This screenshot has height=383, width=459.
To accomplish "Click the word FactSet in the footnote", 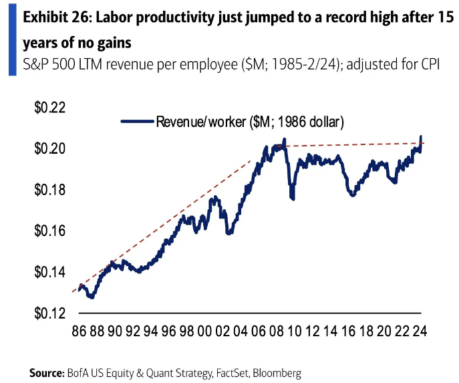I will point(230,372).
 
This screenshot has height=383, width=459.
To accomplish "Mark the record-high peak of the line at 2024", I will point(421,136).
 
